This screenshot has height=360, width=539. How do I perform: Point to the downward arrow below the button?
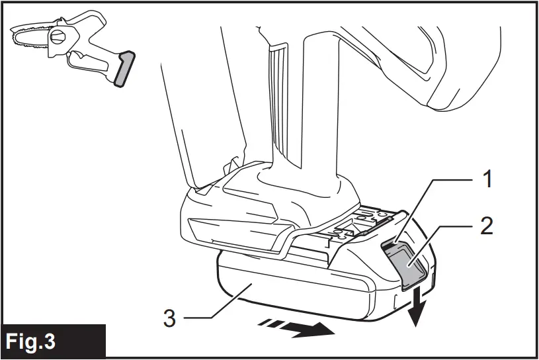[x=415, y=310]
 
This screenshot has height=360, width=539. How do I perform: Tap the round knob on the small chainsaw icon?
[x=58, y=38]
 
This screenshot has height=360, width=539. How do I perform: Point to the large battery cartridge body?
[x=298, y=291]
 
